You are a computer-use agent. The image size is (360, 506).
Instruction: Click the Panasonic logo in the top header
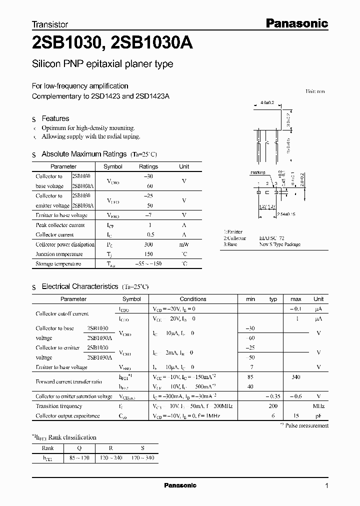point(295,23)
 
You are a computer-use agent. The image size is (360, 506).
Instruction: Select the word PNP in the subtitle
point(71,64)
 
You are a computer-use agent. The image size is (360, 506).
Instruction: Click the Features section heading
point(55,118)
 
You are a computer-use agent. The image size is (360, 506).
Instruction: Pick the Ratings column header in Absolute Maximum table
point(148,166)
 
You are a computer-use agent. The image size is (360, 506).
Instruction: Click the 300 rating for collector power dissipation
point(148,244)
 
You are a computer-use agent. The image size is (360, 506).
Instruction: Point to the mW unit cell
point(184,244)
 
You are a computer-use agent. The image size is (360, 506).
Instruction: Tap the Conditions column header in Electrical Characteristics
point(193,299)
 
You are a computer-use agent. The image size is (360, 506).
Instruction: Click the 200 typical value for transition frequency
point(273,406)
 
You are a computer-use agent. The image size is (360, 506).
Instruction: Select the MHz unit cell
point(318,406)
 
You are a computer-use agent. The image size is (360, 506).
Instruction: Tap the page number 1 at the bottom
point(326,486)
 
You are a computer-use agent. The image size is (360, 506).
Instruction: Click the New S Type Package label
point(279,244)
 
